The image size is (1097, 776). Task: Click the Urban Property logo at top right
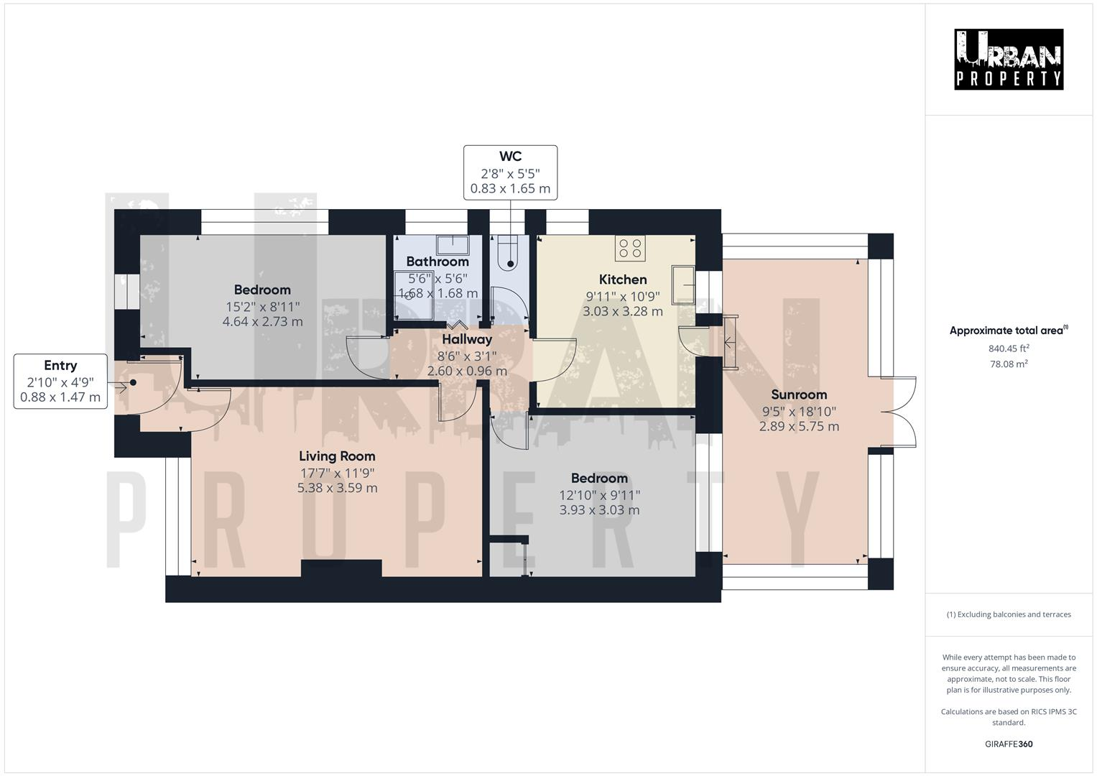pyautogui.click(x=1009, y=60)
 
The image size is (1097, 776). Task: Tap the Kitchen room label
pyautogui.click(x=623, y=280)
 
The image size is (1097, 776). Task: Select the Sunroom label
pyautogui.click(x=799, y=394)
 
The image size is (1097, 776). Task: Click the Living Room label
pyautogui.click(x=337, y=456)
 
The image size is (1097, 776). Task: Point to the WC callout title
pyautogui.click(x=510, y=157)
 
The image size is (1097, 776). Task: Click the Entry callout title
pyautogui.click(x=60, y=366)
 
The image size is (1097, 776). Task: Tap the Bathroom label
pyautogui.click(x=437, y=262)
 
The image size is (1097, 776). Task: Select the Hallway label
pyautogui.click(x=467, y=339)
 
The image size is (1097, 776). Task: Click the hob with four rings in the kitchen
pyautogui.click(x=630, y=249)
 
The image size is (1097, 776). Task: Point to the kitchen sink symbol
pyautogui.click(x=683, y=285)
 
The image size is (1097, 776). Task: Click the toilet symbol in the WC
pyautogui.click(x=509, y=254)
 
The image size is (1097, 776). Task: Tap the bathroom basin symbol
pyautogui.click(x=453, y=246)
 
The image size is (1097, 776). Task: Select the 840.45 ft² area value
pyautogui.click(x=1009, y=348)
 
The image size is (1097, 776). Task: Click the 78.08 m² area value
pyautogui.click(x=1009, y=364)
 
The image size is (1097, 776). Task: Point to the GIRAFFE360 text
pyautogui.click(x=1009, y=744)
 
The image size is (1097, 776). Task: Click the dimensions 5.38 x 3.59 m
pyautogui.click(x=337, y=488)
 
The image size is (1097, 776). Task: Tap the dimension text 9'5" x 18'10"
pyautogui.click(x=799, y=412)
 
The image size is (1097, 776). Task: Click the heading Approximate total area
pyautogui.click(x=1007, y=331)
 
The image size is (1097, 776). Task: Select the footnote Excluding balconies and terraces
pyautogui.click(x=1009, y=614)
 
